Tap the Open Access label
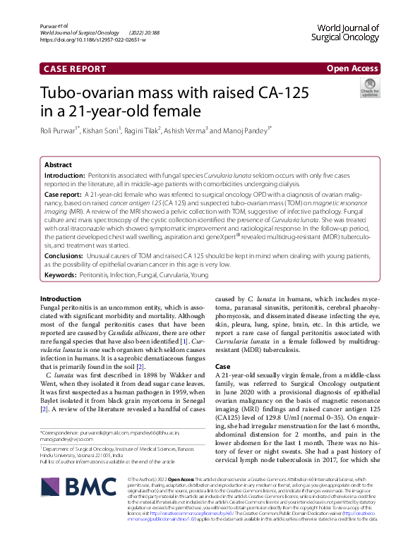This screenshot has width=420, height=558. click(x=351, y=68)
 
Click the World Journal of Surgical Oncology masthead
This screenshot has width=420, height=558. click(x=344, y=32)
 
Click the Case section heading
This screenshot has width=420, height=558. click(x=222, y=368)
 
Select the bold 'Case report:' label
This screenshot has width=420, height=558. click(x=64, y=193)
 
